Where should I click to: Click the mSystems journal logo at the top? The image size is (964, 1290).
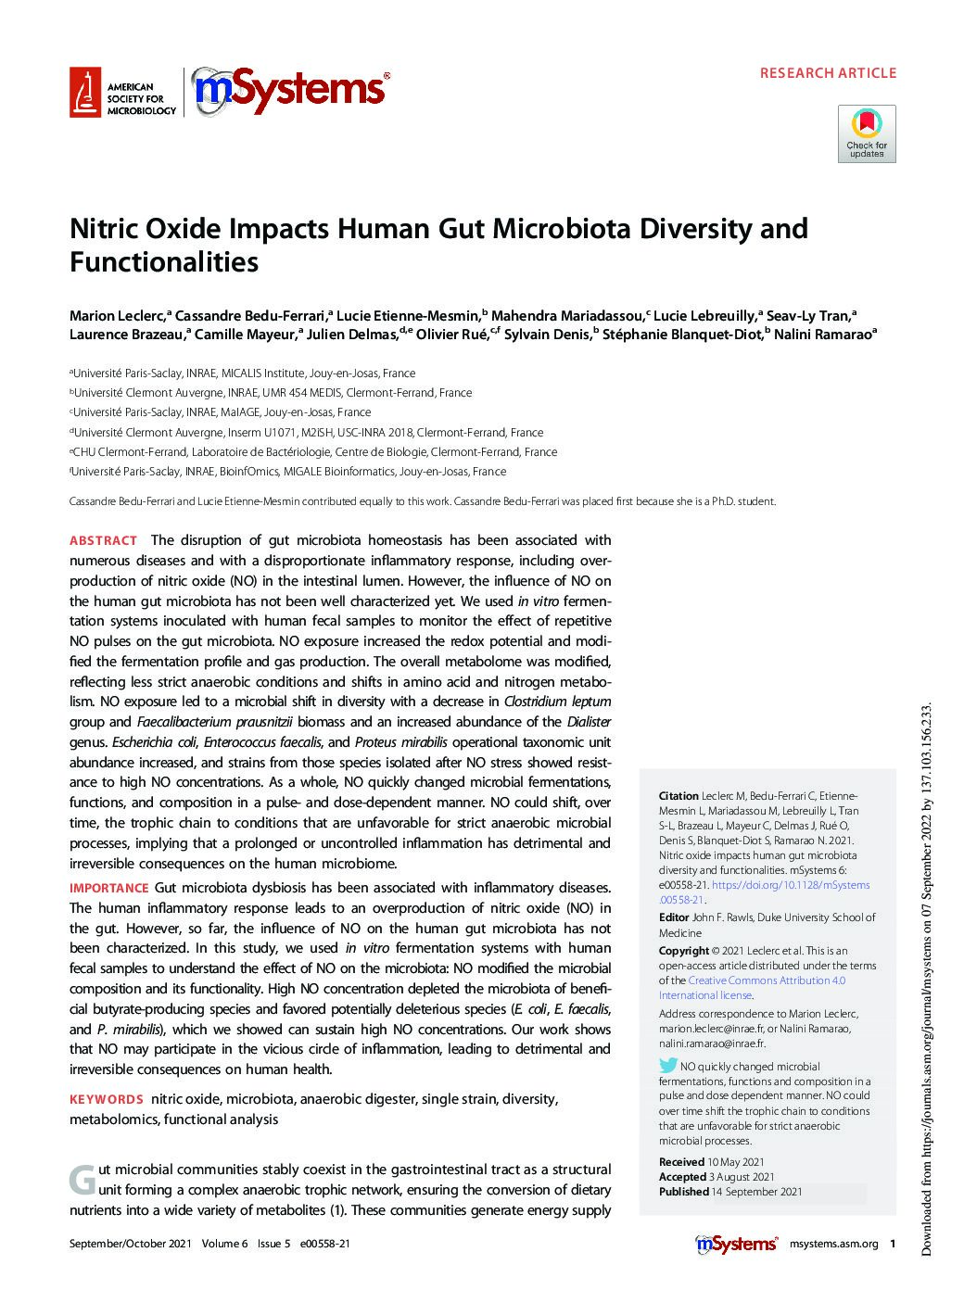click(x=289, y=92)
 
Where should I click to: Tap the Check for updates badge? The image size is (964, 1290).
click(x=867, y=133)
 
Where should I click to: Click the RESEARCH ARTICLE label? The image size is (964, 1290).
click(x=828, y=72)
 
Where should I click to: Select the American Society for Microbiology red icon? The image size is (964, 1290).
click(x=84, y=92)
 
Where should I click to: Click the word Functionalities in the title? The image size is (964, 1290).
click(x=163, y=262)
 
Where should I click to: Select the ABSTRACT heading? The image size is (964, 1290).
click(x=103, y=540)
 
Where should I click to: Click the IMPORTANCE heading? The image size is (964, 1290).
click(x=108, y=888)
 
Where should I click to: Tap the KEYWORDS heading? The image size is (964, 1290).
click(x=106, y=1099)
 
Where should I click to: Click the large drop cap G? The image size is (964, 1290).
click(x=82, y=1180)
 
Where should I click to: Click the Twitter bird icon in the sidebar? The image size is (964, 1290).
click(x=667, y=1066)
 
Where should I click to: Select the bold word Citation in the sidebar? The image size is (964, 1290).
click(x=678, y=795)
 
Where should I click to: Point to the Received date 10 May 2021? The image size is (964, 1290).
click(x=735, y=1162)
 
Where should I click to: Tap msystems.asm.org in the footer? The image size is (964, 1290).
click(x=832, y=1245)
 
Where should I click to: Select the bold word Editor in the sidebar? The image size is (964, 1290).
click(x=674, y=917)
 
